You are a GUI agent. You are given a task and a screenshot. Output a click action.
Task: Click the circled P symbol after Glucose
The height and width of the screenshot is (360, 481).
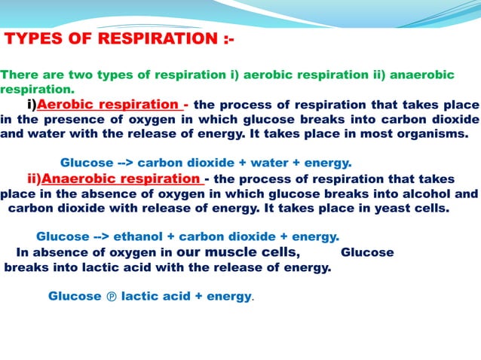(x=111, y=297)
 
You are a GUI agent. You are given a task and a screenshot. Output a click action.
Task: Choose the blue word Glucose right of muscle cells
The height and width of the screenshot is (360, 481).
(x=367, y=252)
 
